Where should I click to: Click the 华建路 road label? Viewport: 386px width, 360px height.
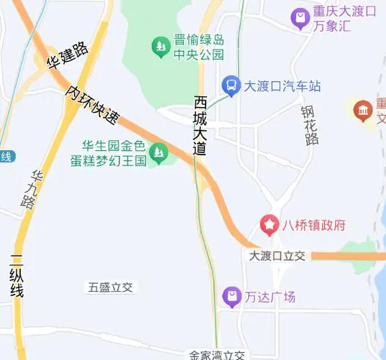(x=68, y=55)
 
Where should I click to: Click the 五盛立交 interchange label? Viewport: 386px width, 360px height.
(x=111, y=287)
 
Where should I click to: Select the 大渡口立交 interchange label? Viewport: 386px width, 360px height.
(x=277, y=256)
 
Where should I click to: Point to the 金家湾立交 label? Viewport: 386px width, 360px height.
(x=217, y=355)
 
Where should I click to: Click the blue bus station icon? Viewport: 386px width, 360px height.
(x=231, y=86)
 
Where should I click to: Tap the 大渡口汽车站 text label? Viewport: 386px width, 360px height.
(x=282, y=86)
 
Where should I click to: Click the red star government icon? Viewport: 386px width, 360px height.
(x=270, y=226)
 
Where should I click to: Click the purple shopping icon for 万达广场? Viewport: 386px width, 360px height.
(x=231, y=296)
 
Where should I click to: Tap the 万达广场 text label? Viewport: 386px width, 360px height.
(x=270, y=296)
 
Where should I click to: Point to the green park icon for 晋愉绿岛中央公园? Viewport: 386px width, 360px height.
(x=160, y=47)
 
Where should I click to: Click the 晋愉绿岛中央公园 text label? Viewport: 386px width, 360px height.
(x=199, y=47)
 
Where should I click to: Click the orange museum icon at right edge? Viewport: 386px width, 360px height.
(x=363, y=110)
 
